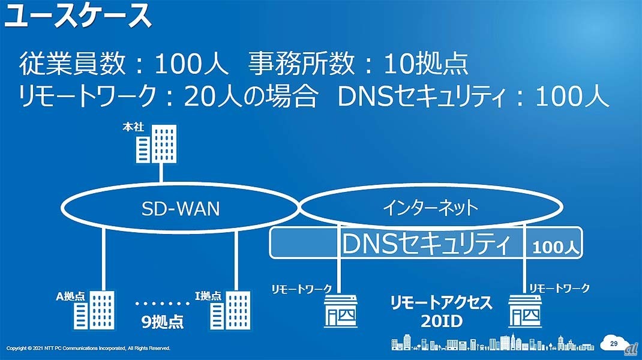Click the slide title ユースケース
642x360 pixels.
tap(78, 16)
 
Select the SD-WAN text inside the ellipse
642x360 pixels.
tap(180, 208)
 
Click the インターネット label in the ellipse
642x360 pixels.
tap(430, 208)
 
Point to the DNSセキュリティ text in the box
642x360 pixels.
tap(426, 244)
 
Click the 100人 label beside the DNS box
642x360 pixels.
tap(554, 246)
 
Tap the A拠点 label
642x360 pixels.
tap(71, 296)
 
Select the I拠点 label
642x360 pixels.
tap(208, 296)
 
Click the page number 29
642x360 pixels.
tap(613, 343)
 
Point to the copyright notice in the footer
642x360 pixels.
tap(88, 348)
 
